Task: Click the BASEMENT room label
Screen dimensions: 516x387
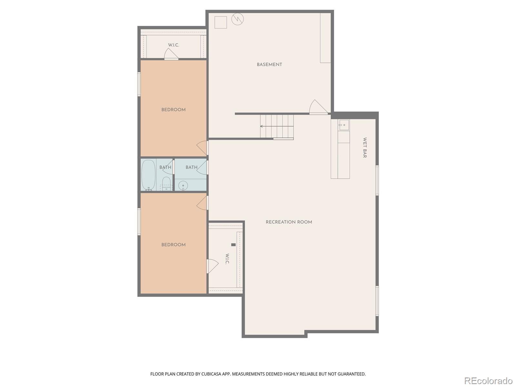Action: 269,64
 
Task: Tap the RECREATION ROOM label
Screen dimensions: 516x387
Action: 289,222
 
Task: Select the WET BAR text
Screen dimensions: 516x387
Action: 365,148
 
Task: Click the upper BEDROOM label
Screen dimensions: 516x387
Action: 173,110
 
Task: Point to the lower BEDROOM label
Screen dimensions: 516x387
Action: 173,245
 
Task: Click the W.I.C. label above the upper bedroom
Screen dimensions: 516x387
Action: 174,45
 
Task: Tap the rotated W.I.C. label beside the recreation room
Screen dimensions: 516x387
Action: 227,259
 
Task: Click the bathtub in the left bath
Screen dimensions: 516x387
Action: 148,175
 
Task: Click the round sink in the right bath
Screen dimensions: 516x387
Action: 183,186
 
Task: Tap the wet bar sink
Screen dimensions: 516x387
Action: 343,125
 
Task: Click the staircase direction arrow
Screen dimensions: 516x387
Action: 277,126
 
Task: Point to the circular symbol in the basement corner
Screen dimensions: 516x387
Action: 237,19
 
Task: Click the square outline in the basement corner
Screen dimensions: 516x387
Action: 221,22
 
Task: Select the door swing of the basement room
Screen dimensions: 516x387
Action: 318,107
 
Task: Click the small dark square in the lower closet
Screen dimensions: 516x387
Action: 233,244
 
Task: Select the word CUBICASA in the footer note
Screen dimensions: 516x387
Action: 210,374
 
